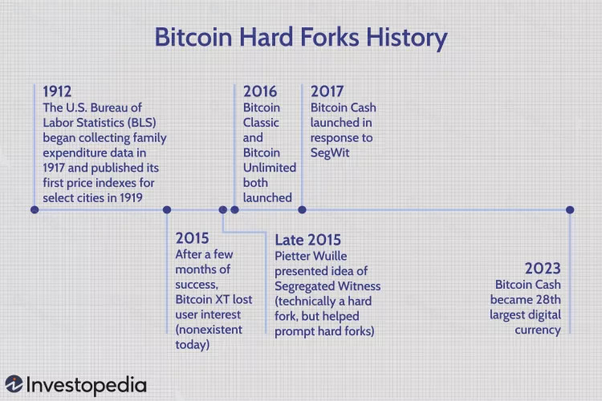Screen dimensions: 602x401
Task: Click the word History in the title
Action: tap(407, 38)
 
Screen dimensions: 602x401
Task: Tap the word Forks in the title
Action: tap(329, 37)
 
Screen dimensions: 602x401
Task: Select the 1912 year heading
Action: tap(57, 91)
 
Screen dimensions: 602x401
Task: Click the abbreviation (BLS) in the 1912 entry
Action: tap(141, 123)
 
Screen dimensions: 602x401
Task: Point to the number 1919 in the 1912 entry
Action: tap(131, 197)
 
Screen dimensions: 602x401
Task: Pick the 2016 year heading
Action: tap(260, 91)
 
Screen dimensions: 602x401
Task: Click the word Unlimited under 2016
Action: tap(270, 168)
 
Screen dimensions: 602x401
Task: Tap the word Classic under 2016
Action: tap(261, 123)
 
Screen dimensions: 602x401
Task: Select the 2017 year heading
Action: tap(327, 91)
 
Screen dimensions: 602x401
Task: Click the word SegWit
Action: tap(330, 152)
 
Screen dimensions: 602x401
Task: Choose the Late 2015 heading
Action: tap(308, 240)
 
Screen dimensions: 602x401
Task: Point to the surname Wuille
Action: tap(328, 256)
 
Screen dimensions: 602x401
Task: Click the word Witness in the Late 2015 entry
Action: tap(360, 286)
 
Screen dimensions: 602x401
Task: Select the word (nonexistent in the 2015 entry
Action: tap(209, 330)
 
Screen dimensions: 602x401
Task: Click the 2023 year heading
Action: tap(543, 269)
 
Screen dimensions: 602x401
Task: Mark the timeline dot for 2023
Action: tap(570, 210)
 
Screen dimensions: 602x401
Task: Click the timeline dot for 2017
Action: tap(302, 210)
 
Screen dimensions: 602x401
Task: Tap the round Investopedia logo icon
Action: tap(14, 384)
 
